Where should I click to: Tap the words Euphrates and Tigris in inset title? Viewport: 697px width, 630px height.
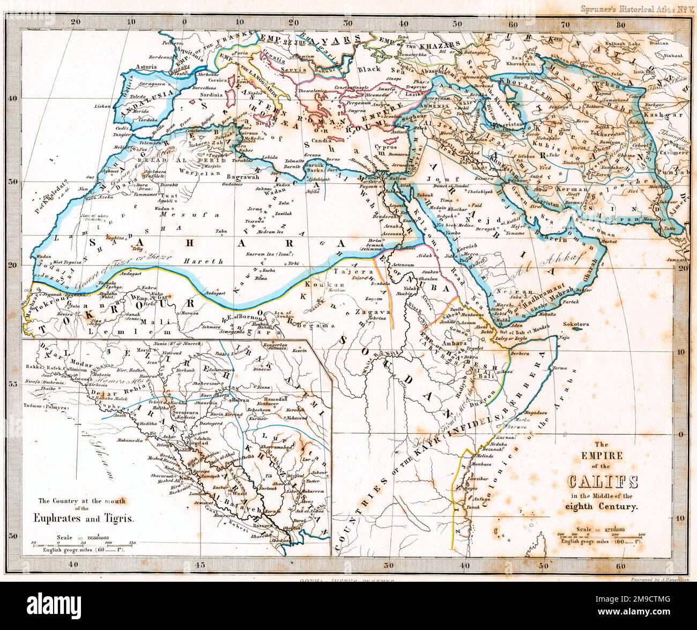click(x=81, y=519)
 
